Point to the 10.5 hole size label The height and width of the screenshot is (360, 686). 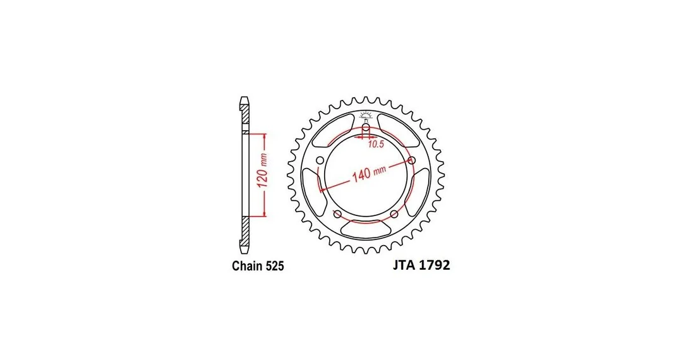(375, 145)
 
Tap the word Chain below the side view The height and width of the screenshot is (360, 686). (247, 266)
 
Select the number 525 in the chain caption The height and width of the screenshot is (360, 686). (274, 266)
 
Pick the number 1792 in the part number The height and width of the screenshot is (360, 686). (434, 265)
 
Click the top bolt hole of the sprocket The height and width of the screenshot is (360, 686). (366, 128)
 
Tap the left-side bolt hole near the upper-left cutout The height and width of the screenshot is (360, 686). (320, 160)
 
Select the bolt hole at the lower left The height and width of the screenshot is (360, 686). (337, 214)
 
